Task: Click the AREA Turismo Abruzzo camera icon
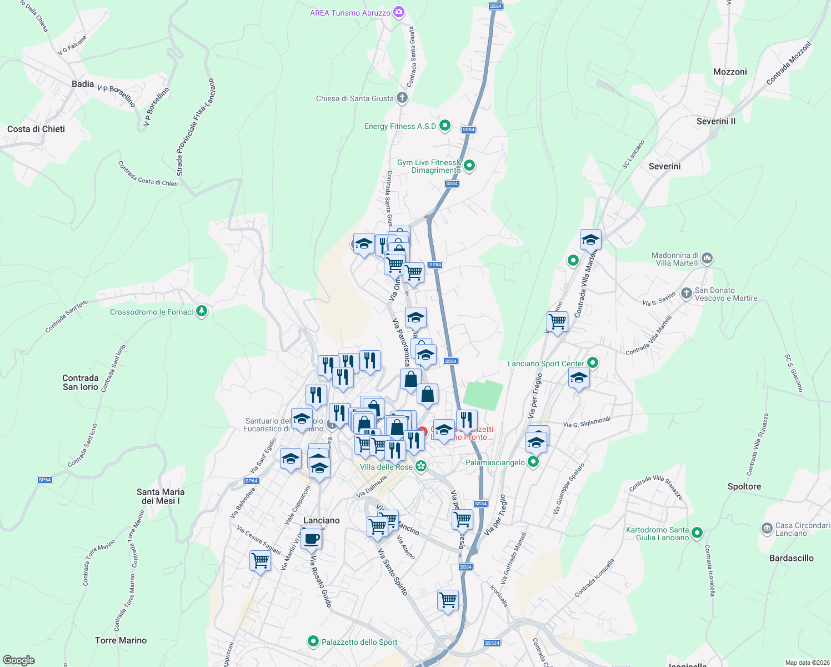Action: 398,12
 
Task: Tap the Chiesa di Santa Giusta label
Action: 355,98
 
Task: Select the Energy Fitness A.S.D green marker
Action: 445,126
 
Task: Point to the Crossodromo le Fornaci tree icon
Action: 202,311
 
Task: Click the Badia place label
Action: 83,84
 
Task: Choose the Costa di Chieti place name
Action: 36,129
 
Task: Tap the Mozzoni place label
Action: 730,72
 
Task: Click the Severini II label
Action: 716,121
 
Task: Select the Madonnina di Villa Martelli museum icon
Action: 707,258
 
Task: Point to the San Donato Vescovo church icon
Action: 687,293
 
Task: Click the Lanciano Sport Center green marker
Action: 593,363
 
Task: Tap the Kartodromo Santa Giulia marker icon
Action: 697,533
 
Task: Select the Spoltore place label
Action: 744,486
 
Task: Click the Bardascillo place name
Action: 792,558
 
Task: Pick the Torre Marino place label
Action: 121,640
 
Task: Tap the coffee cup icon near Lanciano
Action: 311,538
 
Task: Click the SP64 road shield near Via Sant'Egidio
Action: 252,481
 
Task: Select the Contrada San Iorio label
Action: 81,382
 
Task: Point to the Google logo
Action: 18,660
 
